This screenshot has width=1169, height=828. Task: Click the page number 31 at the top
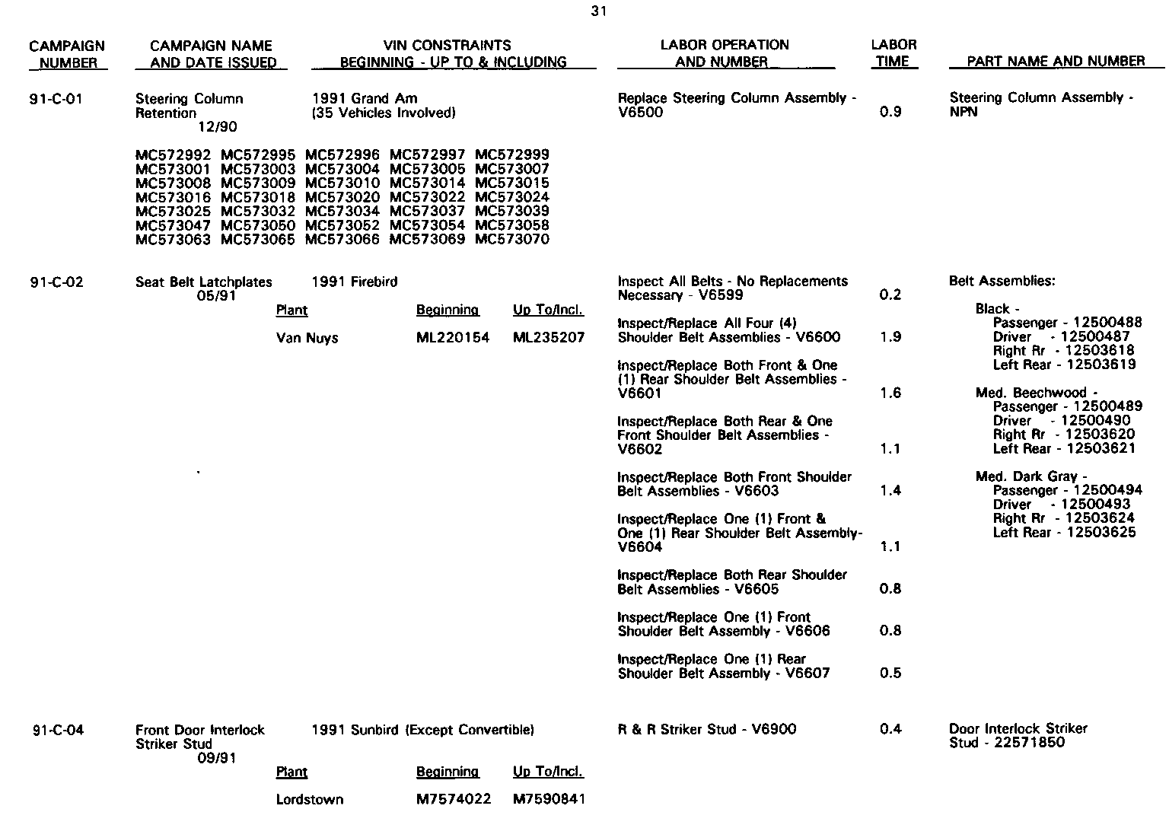tap(597, 11)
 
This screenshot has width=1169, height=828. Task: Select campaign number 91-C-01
tap(56, 99)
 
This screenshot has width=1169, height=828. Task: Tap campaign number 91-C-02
tap(56, 282)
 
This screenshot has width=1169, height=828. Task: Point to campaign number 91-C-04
tap(58, 731)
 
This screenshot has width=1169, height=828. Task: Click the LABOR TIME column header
tap(893, 53)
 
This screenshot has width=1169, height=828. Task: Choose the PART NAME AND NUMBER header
tap(1056, 62)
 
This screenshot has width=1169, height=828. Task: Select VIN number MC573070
tap(511, 240)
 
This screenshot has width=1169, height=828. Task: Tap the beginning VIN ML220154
tap(453, 338)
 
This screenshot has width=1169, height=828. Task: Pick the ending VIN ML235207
tap(549, 338)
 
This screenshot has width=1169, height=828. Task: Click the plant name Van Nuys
tap(307, 338)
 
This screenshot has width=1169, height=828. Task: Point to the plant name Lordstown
tap(309, 800)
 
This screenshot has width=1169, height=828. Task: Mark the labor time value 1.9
tap(890, 338)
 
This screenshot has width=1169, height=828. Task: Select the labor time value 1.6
tap(890, 393)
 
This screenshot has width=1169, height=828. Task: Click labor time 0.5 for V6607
tap(890, 674)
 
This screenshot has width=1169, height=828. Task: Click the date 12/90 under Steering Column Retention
tap(217, 127)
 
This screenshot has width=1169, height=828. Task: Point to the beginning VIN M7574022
tap(454, 800)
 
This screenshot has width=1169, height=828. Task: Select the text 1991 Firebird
tap(354, 282)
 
